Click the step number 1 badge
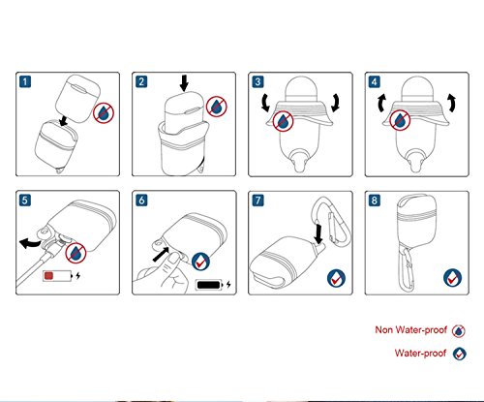coord(25,81)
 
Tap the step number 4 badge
coord(375,81)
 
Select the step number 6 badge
coord(141,201)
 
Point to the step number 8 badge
coord(375,201)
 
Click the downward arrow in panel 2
coord(184,83)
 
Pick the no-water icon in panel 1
coord(104,112)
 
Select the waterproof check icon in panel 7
coord(336,278)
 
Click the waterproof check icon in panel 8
coord(452,278)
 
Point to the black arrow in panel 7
coord(318,234)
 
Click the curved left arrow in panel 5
coord(30,244)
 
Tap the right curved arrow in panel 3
coord(336,103)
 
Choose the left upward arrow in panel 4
coord(381,103)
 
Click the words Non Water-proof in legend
coord(410,330)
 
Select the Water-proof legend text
coord(420,353)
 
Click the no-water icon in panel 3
coord(283,121)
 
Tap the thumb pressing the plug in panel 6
coord(173,259)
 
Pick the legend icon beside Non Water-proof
coord(458,331)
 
